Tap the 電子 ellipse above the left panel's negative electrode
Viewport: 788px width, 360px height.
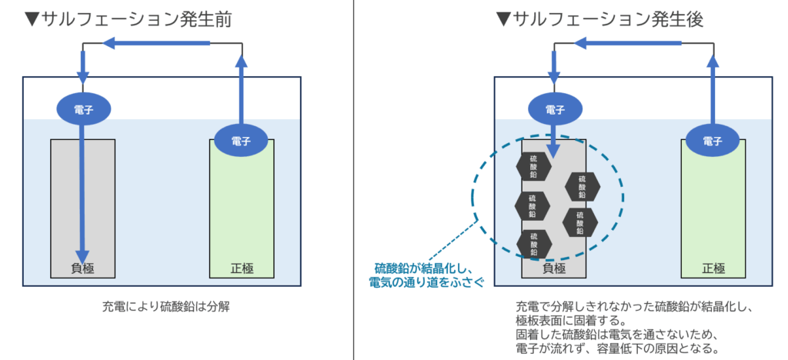[x=83, y=110]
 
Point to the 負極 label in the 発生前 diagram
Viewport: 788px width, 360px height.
[x=83, y=268]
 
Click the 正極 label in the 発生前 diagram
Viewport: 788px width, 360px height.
[x=242, y=268]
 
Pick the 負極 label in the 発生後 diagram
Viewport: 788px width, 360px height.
[x=554, y=268]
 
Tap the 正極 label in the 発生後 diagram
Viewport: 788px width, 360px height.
[x=713, y=268]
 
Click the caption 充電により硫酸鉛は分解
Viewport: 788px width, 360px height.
[x=166, y=306]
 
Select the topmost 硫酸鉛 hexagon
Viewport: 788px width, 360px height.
[x=531, y=166]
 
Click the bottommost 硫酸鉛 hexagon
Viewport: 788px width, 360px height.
[x=531, y=243]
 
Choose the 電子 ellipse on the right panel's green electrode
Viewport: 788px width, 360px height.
[x=713, y=140]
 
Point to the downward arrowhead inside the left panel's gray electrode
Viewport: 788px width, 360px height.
[x=83, y=257]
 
